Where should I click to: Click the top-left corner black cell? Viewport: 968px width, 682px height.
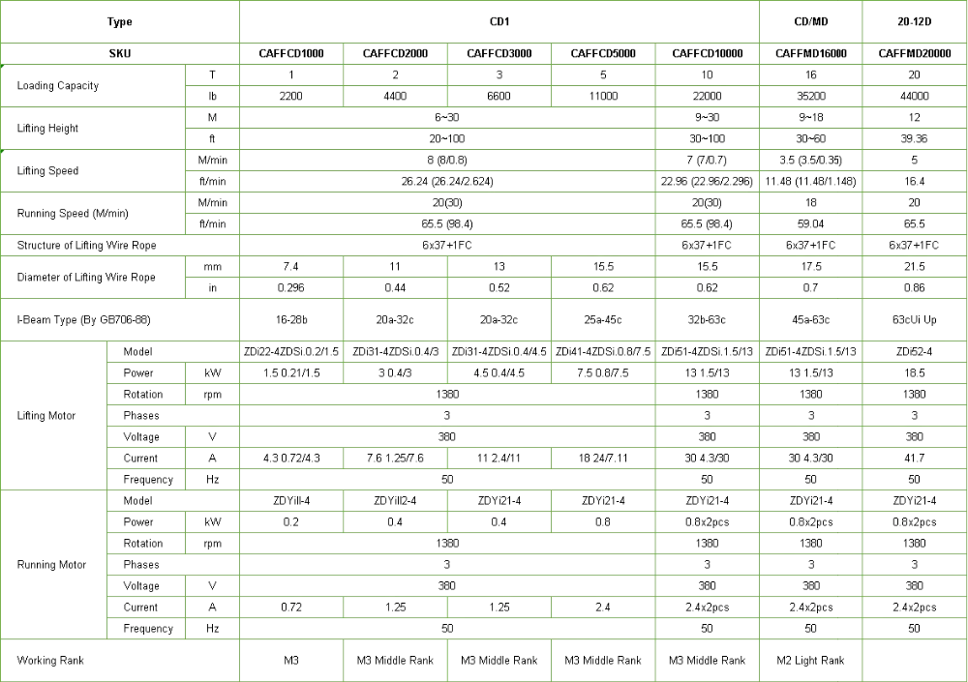pyautogui.click(x=119, y=22)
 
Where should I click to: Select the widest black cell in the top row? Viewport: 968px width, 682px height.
pyautogui.click(x=499, y=22)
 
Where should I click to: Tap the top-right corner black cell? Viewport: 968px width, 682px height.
pyautogui.click(x=913, y=22)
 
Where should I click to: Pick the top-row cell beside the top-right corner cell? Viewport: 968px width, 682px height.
pyautogui.click(x=812, y=22)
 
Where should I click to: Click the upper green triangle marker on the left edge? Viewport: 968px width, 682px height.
pyautogui.click(x=4, y=67)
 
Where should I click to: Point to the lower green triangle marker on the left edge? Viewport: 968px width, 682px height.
pyautogui.click(x=4, y=152)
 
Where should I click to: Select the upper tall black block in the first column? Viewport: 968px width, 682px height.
pyautogui.click(x=54, y=418)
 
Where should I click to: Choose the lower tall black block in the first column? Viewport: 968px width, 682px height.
pyautogui.click(x=54, y=565)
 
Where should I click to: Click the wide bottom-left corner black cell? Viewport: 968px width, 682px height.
pyautogui.click(x=119, y=662)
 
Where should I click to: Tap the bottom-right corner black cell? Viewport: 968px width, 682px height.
pyautogui.click(x=913, y=662)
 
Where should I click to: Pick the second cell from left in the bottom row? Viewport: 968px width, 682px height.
pyautogui.click(x=290, y=662)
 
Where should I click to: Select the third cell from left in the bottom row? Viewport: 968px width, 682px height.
pyautogui.click(x=395, y=662)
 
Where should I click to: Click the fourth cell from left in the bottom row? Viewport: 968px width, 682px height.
pyautogui.click(x=499, y=662)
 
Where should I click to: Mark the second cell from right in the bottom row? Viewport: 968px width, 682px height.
pyautogui.click(x=812, y=662)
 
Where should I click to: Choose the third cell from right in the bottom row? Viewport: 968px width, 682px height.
pyautogui.click(x=710, y=662)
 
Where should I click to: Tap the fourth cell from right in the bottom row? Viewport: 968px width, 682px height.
pyautogui.click(x=602, y=662)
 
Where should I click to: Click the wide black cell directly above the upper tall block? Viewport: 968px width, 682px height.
pyautogui.click(x=119, y=321)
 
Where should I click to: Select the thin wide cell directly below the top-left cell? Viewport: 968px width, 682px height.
pyautogui.click(x=119, y=54)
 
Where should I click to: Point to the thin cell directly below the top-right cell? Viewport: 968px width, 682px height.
pyautogui.click(x=913, y=54)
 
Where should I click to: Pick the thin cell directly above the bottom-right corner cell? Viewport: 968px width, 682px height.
pyautogui.click(x=913, y=627)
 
